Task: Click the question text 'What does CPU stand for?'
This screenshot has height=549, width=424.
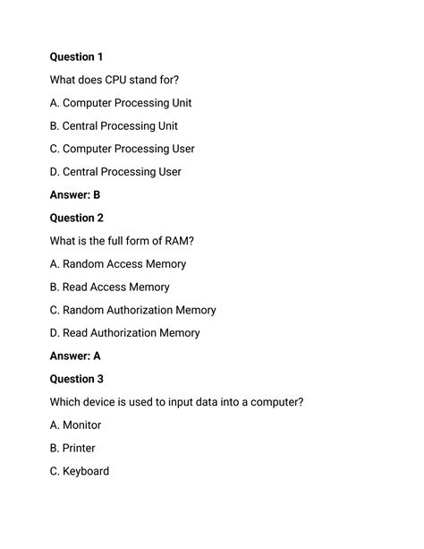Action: pos(121,80)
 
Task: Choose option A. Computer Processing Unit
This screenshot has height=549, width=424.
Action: pos(121,103)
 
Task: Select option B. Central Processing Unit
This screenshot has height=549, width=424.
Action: pos(114,126)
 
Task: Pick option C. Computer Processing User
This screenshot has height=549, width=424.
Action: pos(122,149)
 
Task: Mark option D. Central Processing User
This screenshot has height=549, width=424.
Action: pos(115,172)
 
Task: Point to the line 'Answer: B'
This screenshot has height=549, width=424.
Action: pos(75,194)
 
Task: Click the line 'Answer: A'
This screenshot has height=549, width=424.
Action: pos(75,356)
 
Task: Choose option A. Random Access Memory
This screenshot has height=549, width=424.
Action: pos(118,264)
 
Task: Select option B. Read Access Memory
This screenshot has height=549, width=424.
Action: pos(109,287)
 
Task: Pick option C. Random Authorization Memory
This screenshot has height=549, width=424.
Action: pos(132,310)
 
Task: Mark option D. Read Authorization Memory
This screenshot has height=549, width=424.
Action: pos(124,333)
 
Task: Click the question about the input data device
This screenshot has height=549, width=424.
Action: pos(176,402)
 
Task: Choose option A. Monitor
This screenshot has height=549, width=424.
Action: pos(75,425)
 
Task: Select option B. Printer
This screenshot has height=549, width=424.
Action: pos(72,448)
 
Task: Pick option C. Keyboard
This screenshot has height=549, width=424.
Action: pos(80,471)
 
